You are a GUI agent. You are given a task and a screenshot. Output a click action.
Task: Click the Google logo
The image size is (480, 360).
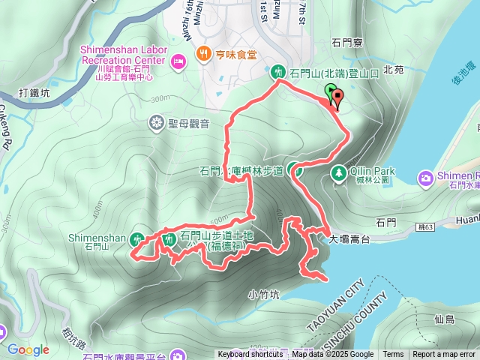28,349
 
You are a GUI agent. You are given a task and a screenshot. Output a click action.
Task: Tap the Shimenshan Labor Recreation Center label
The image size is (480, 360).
122,54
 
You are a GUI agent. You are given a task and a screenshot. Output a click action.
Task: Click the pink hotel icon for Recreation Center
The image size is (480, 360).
178,60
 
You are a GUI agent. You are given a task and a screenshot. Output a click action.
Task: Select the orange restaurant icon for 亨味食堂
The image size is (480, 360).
203,54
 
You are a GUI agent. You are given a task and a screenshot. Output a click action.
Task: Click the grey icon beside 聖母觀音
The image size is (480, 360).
157,123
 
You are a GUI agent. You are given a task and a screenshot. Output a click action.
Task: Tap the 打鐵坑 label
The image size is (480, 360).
34,94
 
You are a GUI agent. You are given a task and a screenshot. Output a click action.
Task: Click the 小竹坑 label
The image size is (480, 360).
263,295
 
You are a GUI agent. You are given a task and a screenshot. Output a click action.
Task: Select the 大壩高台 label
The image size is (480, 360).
350,240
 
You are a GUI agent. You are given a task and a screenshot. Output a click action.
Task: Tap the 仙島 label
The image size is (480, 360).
444,319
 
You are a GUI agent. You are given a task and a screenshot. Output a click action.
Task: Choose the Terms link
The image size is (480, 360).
393,355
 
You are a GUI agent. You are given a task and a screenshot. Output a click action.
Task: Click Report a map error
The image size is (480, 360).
444,355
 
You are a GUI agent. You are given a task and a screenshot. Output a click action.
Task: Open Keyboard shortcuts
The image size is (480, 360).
250,355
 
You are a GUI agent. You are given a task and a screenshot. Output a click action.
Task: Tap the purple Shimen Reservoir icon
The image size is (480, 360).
425,178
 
